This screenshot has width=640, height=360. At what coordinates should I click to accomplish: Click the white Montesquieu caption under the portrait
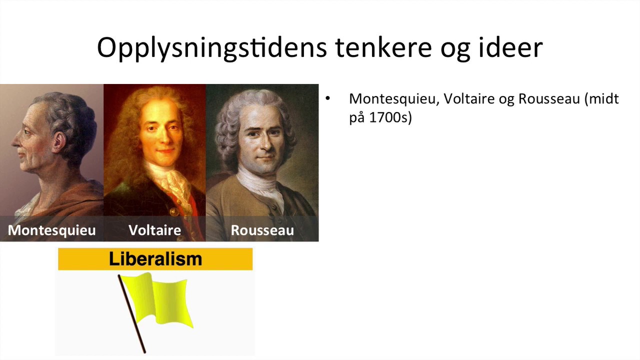coord(51,230)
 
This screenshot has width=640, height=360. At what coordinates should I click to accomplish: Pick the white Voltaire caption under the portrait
coord(154,230)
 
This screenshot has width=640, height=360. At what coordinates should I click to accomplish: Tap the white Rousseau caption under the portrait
coord(262,230)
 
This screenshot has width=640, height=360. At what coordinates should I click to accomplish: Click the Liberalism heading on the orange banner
coord(155,259)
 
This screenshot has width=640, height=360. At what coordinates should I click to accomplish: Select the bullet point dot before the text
coord(328,98)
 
